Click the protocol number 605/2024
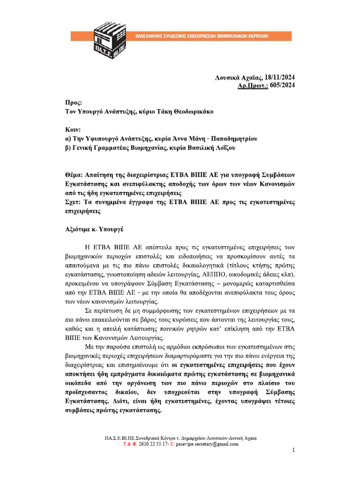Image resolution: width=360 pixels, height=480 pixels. (283, 85)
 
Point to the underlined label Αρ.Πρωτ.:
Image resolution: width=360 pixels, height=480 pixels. (254, 85)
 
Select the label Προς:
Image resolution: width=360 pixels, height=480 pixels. (74, 102)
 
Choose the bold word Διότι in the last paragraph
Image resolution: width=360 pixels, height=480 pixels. (121, 402)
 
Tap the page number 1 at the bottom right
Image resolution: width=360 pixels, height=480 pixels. (293, 450)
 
